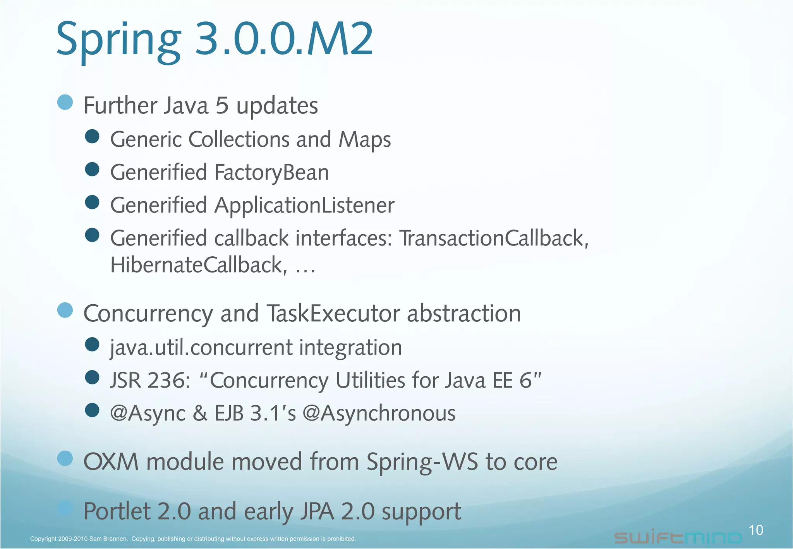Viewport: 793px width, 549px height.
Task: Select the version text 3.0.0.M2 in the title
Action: [x=284, y=39]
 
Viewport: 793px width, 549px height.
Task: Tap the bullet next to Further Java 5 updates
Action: [x=65, y=103]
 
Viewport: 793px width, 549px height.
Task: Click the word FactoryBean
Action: [x=271, y=173]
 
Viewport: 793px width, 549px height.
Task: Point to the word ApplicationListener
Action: [x=304, y=206]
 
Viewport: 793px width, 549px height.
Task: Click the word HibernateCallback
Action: [x=199, y=265]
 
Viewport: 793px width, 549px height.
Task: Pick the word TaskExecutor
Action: [x=333, y=313]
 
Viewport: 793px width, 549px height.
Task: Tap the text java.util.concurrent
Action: [x=201, y=347]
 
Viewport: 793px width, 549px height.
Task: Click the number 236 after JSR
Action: [x=166, y=380]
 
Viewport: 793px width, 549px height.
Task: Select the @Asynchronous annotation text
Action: [x=379, y=413]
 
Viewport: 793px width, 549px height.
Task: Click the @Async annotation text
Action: [x=148, y=413]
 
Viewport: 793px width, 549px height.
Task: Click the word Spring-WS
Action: [x=422, y=462]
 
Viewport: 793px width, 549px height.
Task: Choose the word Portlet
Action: [x=117, y=511]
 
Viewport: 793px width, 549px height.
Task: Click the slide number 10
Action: [x=756, y=530]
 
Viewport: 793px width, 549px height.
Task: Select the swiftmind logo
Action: [x=678, y=537]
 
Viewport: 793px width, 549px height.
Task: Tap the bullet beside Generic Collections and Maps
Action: [x=92, y=137]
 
